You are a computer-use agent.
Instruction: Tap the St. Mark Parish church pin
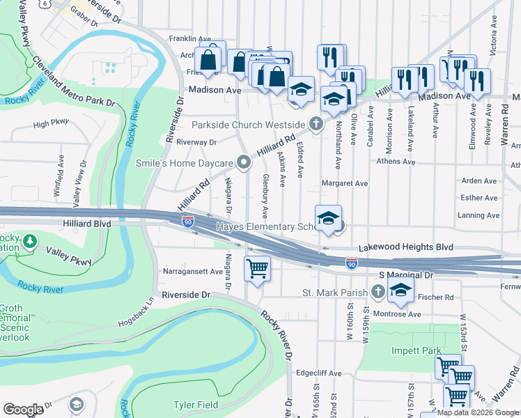coord(377,292)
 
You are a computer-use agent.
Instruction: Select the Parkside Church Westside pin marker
coord(316,125)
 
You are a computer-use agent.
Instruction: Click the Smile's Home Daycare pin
coord(244,163)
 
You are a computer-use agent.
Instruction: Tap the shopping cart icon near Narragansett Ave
coord(257,268)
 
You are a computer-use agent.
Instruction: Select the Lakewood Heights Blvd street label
coord(406,247)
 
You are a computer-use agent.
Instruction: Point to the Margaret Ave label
coord(344,183)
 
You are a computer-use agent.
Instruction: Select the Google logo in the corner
coord(23,409)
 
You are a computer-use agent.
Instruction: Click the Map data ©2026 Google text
coord(477,412)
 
